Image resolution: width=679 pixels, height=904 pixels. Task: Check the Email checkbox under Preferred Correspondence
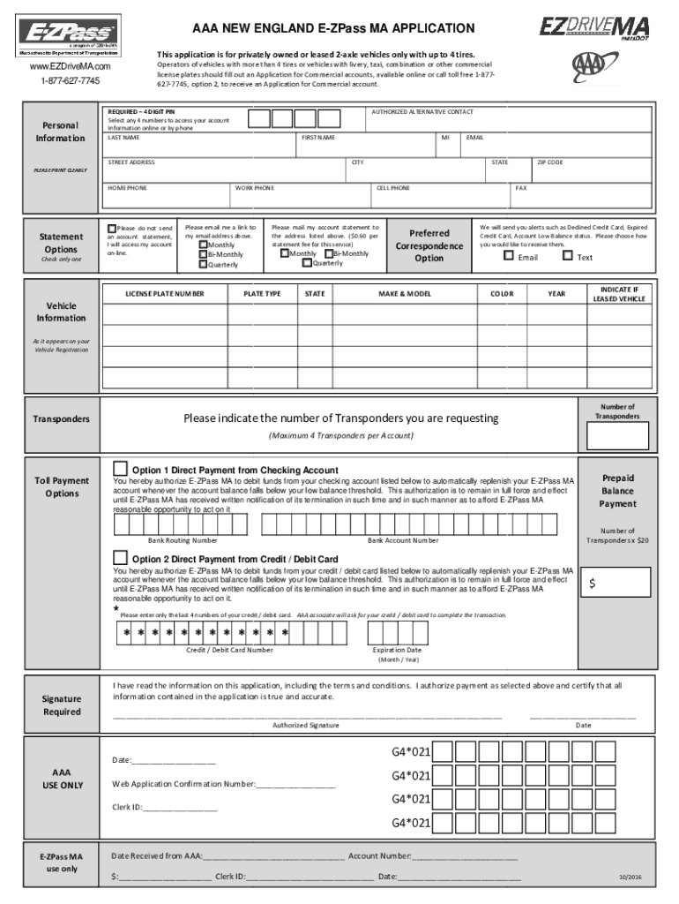tap(508, 257)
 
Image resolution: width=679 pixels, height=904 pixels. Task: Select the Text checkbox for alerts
tap(567, 257)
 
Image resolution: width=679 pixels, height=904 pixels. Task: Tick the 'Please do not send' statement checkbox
tap(111, 228)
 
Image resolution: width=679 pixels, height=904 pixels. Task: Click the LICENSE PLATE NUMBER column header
tap(165, 293)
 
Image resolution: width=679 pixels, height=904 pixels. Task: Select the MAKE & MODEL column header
tap(405, 293)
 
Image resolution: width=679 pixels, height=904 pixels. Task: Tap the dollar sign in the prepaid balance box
tap(593, 584)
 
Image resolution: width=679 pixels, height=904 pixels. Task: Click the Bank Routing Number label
tap(183, 539)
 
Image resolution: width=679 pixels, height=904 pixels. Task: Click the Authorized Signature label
tap(305, 725)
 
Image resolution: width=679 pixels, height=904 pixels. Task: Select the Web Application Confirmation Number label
tap(183, 784)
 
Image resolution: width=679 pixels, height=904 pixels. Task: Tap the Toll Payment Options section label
tap(62, 486)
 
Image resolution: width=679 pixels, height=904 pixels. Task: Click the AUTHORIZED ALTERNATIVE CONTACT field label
tap(422, 112)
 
